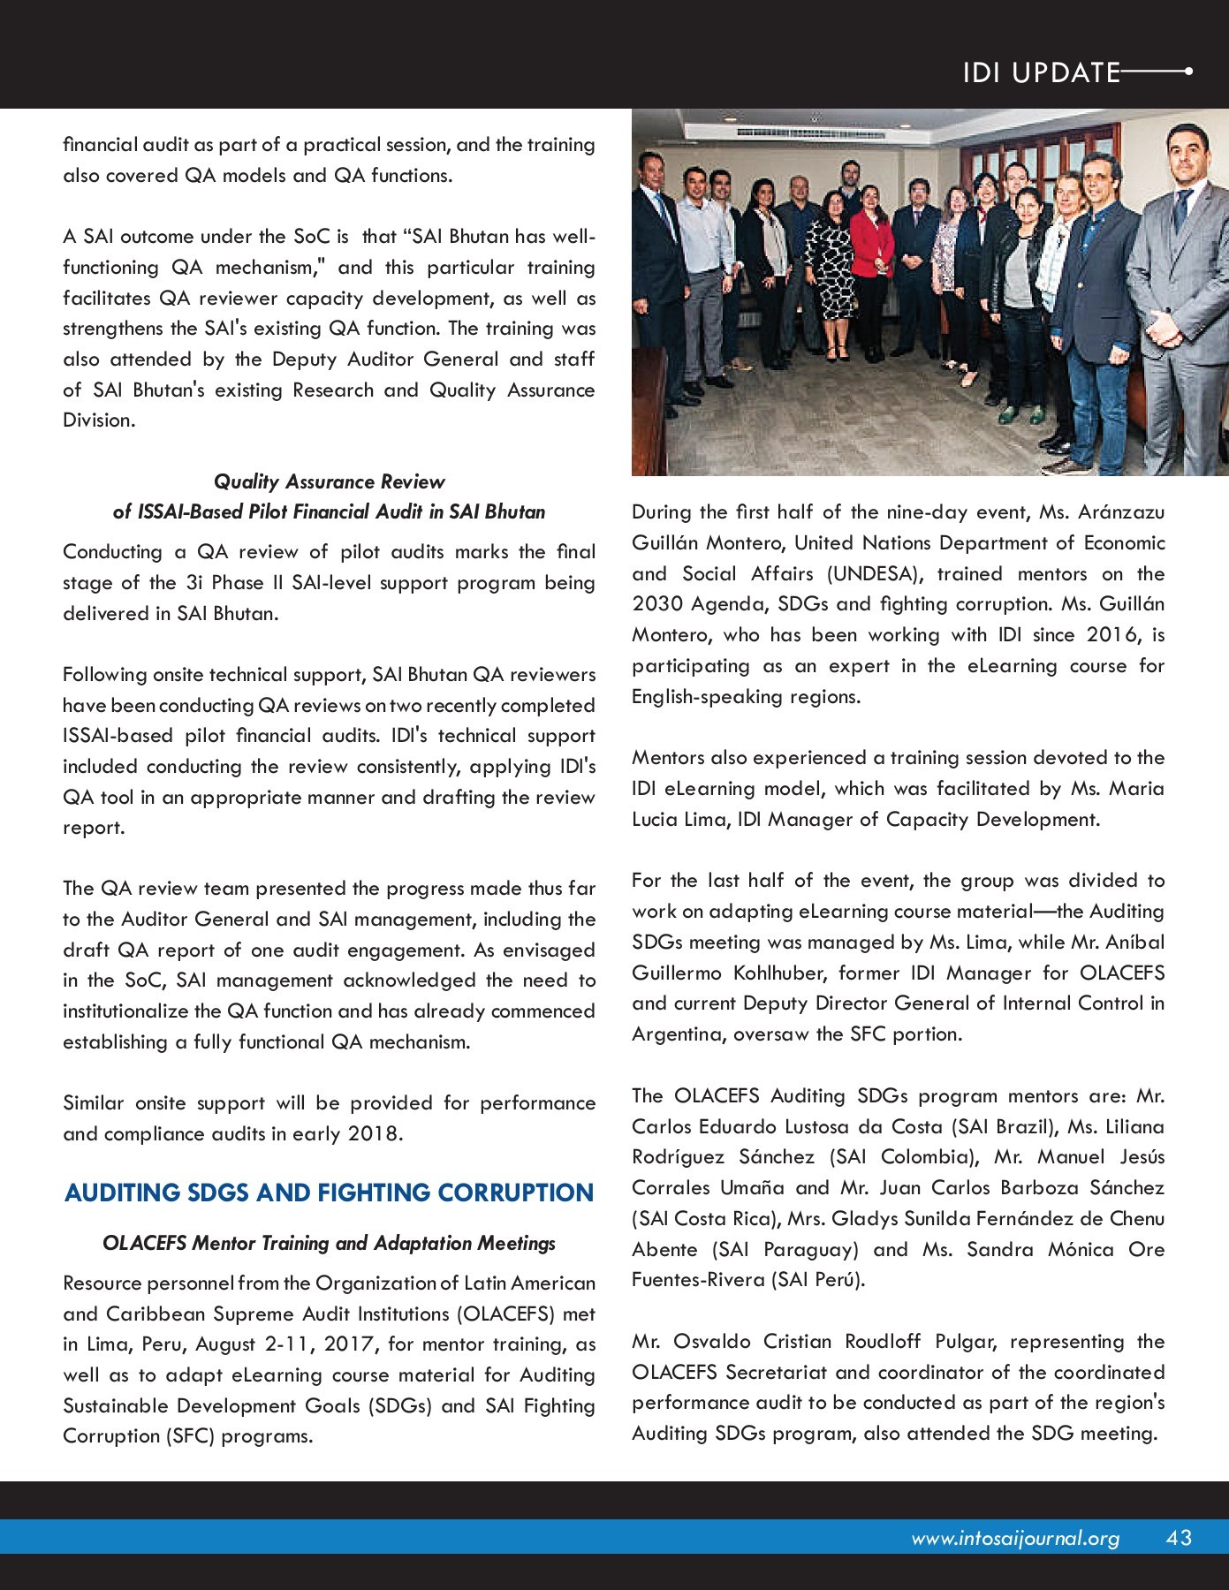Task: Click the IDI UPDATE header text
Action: [1041, 72]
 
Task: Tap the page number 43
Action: [1179, 1538]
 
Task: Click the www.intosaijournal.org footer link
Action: [1015, 1539]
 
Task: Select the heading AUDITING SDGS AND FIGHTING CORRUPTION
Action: [329, 1192]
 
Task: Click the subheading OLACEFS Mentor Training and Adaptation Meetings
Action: [329, 1243]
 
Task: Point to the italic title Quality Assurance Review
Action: [329, 481]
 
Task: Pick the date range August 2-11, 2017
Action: [288, 1344]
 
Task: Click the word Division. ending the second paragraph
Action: [99, 420]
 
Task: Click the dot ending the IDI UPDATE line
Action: [1187, 72]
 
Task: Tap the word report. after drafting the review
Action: [94, 828]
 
